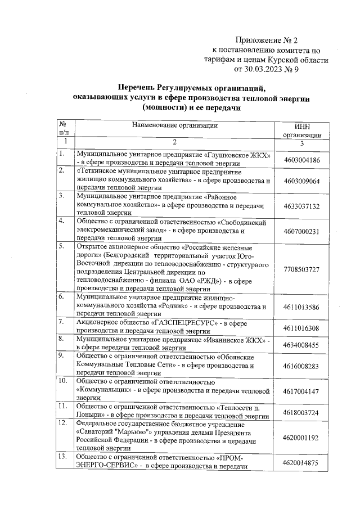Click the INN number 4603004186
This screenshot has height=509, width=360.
(302, 160)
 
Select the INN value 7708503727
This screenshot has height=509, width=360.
(302, 269)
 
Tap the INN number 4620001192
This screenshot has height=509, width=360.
(302, 438)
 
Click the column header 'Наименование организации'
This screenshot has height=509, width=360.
(174, 125)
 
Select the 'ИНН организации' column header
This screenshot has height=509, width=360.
(302, 131)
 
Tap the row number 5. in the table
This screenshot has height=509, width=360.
(63, 246)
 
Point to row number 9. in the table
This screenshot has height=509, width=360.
(63, 356)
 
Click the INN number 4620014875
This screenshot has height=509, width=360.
(302, 463)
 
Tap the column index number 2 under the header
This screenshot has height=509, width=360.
(174, 141)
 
